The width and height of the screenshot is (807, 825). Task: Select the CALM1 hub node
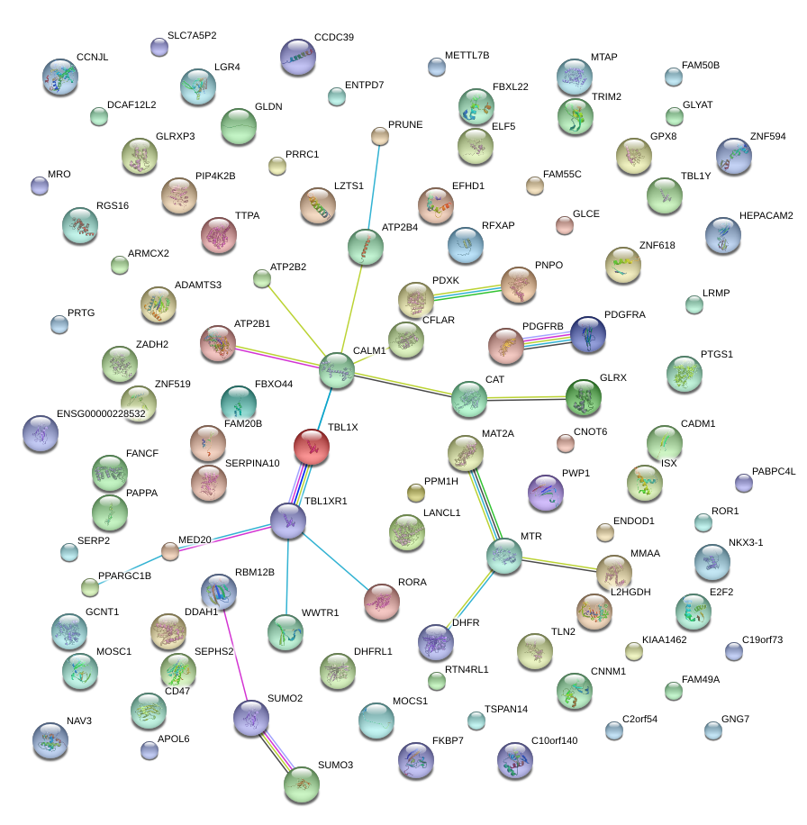[337, 370]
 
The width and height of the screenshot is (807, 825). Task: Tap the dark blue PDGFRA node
[588, 334]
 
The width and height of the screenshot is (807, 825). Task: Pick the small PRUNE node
[380, 136]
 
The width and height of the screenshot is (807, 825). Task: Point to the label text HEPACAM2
[766, 216]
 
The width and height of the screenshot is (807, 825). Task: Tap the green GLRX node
[583, 396]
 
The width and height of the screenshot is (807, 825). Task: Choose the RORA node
[382, 601]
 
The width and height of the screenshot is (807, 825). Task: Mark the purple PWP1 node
[545, 492]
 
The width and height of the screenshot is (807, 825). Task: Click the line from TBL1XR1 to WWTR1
[287, 576]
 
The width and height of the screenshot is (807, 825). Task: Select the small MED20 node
[170, 550]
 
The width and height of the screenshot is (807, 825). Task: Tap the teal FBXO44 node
[238, 403]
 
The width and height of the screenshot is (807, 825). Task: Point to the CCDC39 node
[298, 57]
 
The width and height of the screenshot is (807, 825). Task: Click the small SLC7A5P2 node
[159, 48]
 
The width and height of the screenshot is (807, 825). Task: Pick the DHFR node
[436, 641]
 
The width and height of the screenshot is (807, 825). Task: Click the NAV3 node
[50, 740]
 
